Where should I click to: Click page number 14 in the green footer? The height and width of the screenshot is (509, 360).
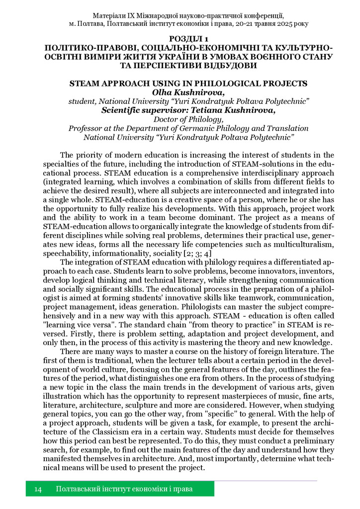click(x=38, y=490)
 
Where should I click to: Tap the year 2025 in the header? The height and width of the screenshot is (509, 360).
click(x=285, y=23)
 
